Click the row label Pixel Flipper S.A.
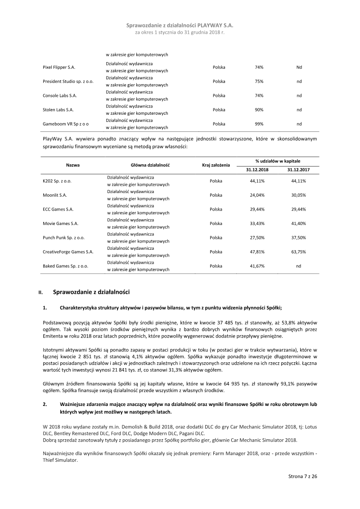[x=59, y=67]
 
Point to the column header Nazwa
[x=73, y=165]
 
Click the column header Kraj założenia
[x=216, y=165]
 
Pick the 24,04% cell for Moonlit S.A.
[x=257, y=195]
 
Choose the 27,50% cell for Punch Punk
[x=257, y=237]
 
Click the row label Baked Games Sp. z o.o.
[x=65, y=266]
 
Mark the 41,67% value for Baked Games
[x=257, y=266]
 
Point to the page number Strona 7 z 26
[x=303, y=476]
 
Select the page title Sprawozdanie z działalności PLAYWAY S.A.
[x=180, y=26]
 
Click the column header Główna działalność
[x=144, y=165]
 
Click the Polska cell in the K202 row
[x=216, y=181]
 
